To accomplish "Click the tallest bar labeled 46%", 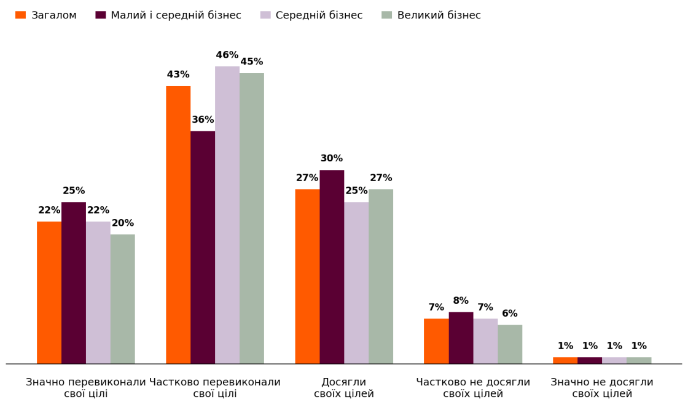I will click(227, 215).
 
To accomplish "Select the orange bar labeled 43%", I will click(178, 225).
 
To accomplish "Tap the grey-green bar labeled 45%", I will click(252, 218).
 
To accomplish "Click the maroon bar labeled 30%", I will click(332, 267).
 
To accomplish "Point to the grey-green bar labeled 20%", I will click(123, 299).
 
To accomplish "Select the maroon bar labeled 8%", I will click(461, 337).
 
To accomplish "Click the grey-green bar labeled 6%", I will click(510, 344).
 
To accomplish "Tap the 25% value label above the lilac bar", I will click(356, 191).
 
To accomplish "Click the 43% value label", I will click(178, 75).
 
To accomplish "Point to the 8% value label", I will click(461, 301).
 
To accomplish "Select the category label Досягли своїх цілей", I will click(344, 388).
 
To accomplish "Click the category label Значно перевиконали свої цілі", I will click(86, 388).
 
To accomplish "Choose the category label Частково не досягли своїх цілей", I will click(473, 388).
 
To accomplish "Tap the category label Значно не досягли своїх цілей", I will click(602, 388).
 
